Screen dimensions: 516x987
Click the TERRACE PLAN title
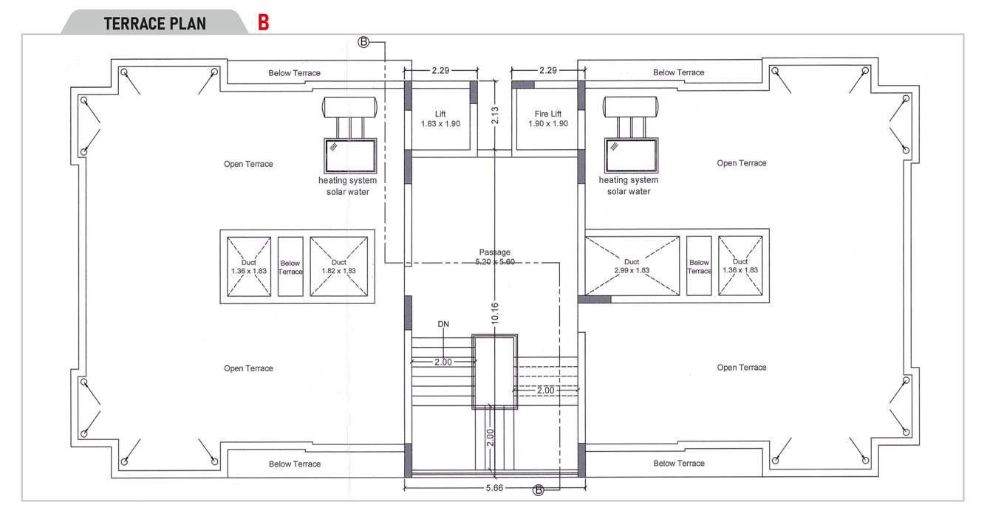click(x=154, y=23)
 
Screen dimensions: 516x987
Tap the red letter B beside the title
click(x=263, y=23)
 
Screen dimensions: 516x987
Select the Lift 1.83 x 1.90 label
click(x=440, y=119)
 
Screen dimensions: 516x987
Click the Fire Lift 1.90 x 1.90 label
click(x=548, y=119)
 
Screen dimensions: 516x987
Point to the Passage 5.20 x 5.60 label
click(x=494, y=257)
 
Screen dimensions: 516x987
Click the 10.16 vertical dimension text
click(x=495, y=312)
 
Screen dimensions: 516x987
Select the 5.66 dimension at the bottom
click(x=495, y=488)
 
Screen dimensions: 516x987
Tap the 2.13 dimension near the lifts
click(x=495, y=115)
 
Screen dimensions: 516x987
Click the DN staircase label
click(x=443, y=323)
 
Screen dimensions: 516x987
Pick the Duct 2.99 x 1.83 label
click(x=632, y=266)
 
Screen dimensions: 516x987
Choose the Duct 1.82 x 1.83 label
click(x=338, y=266)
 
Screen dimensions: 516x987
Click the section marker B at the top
click(x=363, y=42)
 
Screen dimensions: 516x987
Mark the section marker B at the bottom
click(x=539, y=490)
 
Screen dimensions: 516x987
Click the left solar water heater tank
click(x=351, y=107)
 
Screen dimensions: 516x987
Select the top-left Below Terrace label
click(x=295, y=73)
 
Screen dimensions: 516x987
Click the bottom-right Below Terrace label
click(x=679, y=464)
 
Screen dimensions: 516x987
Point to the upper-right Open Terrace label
click(x=742, y=163)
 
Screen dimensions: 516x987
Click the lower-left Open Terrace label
click(x=248, y=368)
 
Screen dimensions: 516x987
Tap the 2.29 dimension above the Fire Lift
click(x=547, y=71)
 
